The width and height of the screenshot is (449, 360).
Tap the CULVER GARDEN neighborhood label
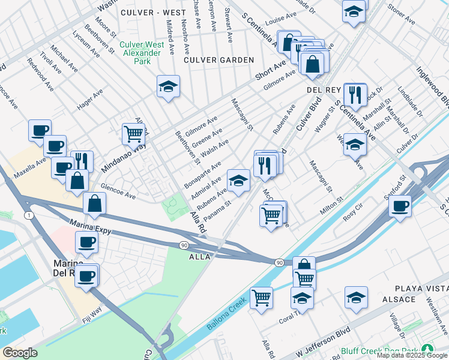(x=219, y=60)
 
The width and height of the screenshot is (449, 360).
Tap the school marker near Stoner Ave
(x=354, y=11)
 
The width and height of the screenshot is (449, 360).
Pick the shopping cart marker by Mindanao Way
(x=133, y=134)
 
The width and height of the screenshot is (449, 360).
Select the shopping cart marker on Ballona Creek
(x=261, y=298)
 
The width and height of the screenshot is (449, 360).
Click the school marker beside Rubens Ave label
(x=238, y=181)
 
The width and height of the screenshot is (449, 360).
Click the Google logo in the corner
(x=20, y=353)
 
